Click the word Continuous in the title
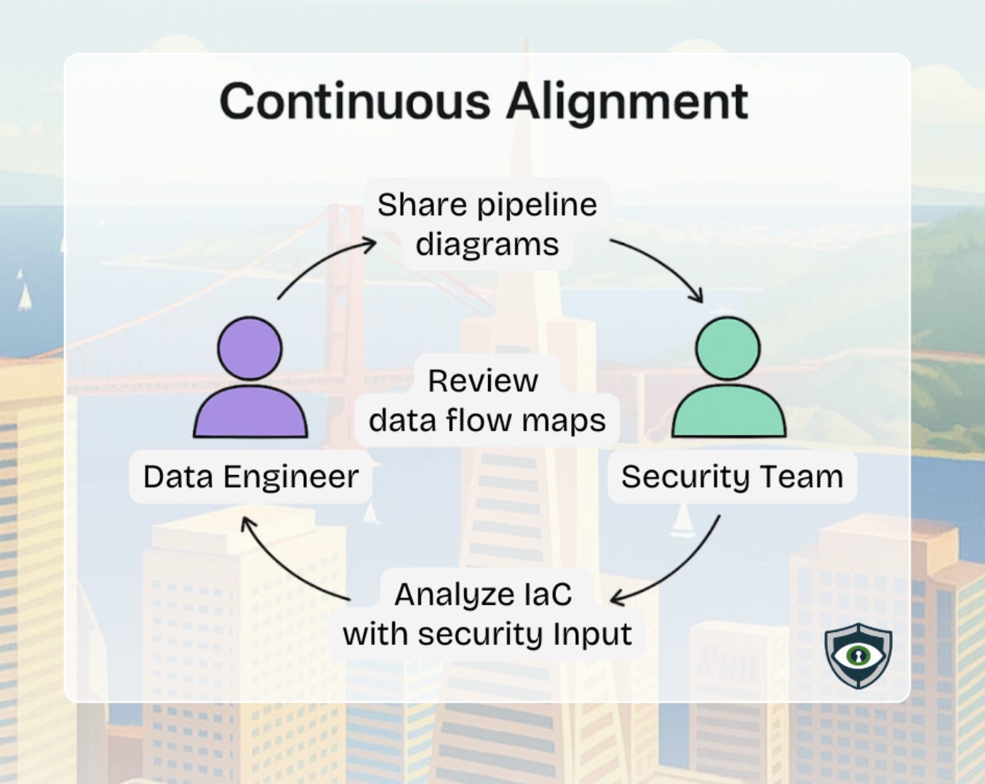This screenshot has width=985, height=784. pos(354,101)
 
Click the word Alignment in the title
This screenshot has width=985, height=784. pos(626,103)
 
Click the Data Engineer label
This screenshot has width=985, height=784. pos(250,477)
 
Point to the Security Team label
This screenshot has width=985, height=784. pos(732,477)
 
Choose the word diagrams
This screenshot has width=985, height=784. pos(487,245)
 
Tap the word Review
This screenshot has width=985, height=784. pos(482,380)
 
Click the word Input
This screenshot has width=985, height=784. pos(591,634)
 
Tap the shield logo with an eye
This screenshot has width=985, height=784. pos(858,655)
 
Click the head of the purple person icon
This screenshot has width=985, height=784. pos(250,348)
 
